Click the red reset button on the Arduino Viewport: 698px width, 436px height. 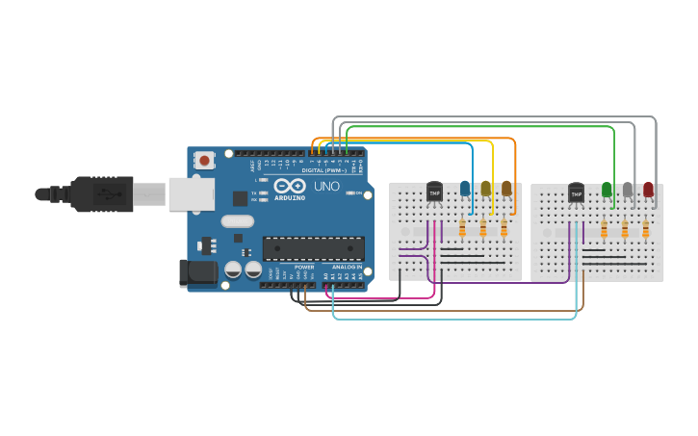pos(204,161)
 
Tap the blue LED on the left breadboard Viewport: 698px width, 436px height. pos(465,189)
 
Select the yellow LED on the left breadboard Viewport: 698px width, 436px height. pos(486,189)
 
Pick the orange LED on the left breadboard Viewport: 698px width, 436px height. pos(506,189)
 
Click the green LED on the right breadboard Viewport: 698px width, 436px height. pos(607,190)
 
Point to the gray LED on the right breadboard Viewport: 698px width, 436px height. pos(628,190)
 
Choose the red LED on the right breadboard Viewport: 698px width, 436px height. pos(648,190)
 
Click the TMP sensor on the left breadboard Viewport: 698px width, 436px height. pos(434,192)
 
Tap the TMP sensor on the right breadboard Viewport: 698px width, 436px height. pos(576,192)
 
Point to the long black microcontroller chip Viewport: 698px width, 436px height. pos(313,248)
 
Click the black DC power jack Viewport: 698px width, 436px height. pos(198,272)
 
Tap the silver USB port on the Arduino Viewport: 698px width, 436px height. pos(191,193)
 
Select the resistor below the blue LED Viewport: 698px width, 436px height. pos(462,228)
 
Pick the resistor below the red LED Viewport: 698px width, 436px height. pos(645,229)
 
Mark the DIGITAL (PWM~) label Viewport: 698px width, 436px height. pos(326,170)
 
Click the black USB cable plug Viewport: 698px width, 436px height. pos(100,193)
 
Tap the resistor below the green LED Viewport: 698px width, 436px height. pos(604,229)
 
